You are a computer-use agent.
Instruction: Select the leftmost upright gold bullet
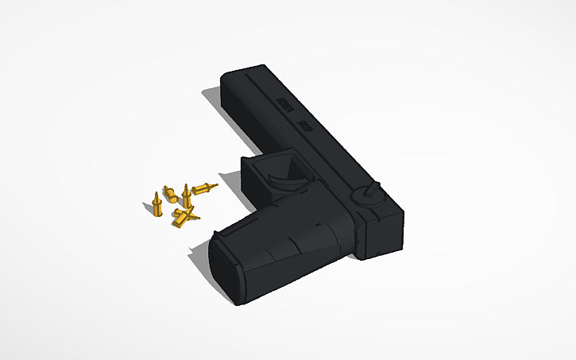[157, 205]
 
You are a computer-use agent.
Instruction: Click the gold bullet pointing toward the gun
[204, 188]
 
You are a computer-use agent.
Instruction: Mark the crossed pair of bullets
[185, 215]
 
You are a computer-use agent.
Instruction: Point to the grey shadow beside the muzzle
[211, 99]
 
